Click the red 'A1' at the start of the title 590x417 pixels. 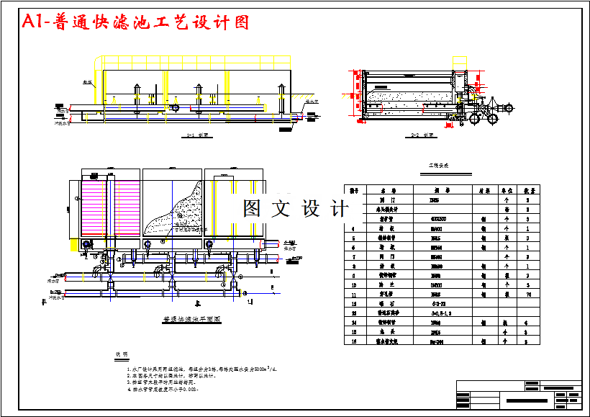pyautogui.click(x=34, y=22)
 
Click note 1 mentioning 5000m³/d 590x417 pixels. pyautogui.click(x=202, y=369)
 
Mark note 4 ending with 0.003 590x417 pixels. pyautogui.click(x=168, y=389)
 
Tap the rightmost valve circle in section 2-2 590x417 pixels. pyautogui.click(x=509, y=108)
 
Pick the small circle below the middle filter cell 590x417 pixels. pyautogui.click(x=147, y=245)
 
